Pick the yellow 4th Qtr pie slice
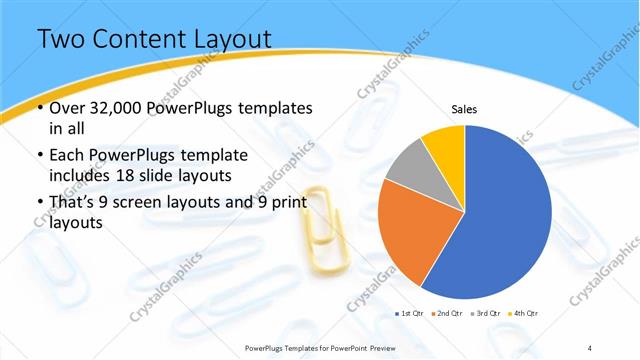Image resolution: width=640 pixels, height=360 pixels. tap(443, 143)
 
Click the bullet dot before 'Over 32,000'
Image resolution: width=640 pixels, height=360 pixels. tap(39, 108)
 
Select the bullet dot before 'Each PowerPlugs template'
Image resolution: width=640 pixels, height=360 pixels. tap(39, 156)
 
